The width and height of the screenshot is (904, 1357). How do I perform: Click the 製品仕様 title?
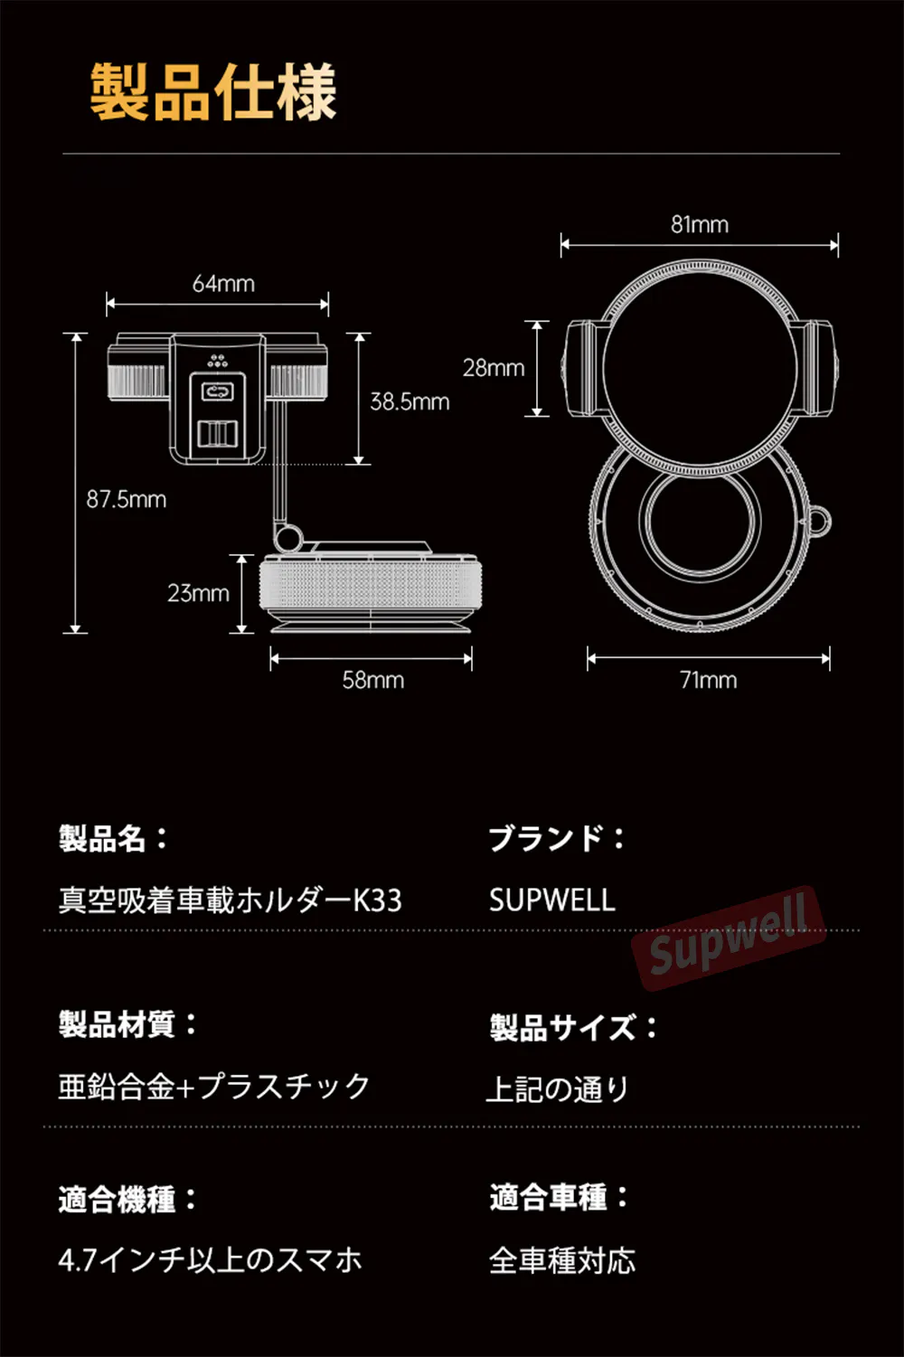point(213,92)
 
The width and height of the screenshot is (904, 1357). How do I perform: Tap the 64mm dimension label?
point(223,284)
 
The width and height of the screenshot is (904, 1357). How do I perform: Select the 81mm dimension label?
point(699,225)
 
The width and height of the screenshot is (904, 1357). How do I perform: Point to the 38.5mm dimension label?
point(410,401)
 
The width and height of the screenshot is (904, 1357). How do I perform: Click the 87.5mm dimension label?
point(127,499)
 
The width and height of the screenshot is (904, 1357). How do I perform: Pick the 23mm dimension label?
point(198,593)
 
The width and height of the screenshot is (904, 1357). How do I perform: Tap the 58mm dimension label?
point(372,680)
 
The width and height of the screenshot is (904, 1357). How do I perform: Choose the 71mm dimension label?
point(708,680)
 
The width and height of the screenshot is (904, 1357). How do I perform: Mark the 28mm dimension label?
point(494,368)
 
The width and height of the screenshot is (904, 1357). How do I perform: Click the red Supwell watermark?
point(728,937)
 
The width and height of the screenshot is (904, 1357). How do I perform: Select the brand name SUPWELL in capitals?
point(551,900)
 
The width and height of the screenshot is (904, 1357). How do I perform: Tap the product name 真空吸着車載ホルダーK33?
point(231,900)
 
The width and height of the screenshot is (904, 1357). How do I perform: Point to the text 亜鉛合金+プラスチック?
point(214,1086)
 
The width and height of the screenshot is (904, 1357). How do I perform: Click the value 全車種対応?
point(562,1260)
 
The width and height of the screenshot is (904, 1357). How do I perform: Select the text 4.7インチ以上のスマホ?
point(210,1260)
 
